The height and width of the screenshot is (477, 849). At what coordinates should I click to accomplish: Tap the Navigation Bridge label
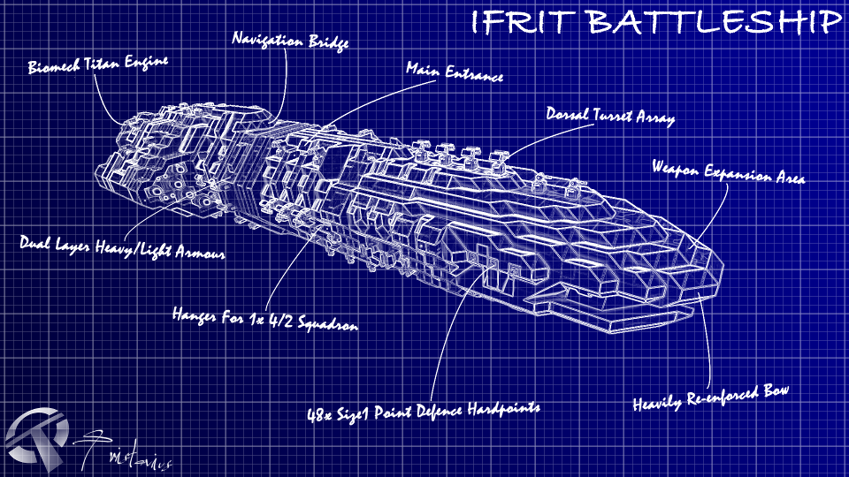point(289,41)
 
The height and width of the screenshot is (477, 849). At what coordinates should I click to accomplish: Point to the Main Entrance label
point(455,72)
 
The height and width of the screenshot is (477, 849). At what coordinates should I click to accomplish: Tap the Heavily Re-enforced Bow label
point(709,397)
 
